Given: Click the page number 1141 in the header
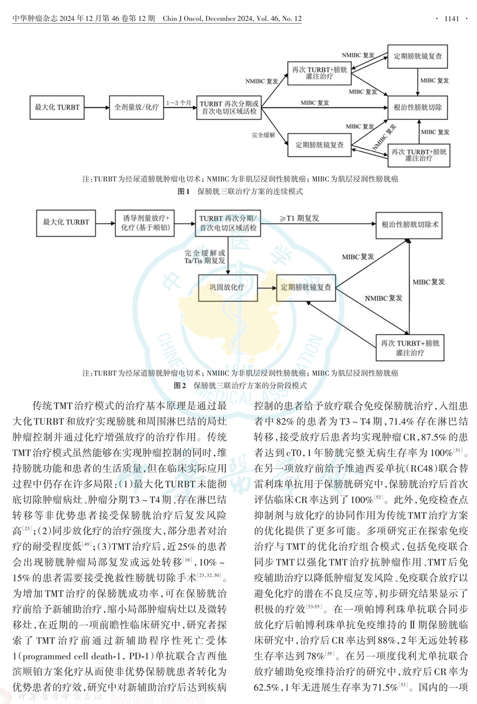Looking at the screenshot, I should [451, 19].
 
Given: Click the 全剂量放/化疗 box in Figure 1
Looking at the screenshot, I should [136, 107].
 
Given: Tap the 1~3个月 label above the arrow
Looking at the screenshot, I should [178, 103].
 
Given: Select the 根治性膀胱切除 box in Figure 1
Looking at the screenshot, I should [418, 107].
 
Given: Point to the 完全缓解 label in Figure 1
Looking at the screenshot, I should [263, 135].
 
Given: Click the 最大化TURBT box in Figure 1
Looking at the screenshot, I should [57, 107].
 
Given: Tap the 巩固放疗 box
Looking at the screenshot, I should [227, 287].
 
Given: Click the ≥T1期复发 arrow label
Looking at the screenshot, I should [300, 218].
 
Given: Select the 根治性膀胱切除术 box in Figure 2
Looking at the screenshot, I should [410, 224].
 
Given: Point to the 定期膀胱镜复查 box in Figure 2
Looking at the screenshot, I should [306, 287].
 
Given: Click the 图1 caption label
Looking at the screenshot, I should [183, 191].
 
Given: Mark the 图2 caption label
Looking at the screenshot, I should [180, 385].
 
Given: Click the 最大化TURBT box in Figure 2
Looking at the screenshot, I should [66, 222].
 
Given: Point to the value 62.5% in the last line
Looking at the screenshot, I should [267, 687].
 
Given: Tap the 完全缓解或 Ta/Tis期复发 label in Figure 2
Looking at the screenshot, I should [205, 257].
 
